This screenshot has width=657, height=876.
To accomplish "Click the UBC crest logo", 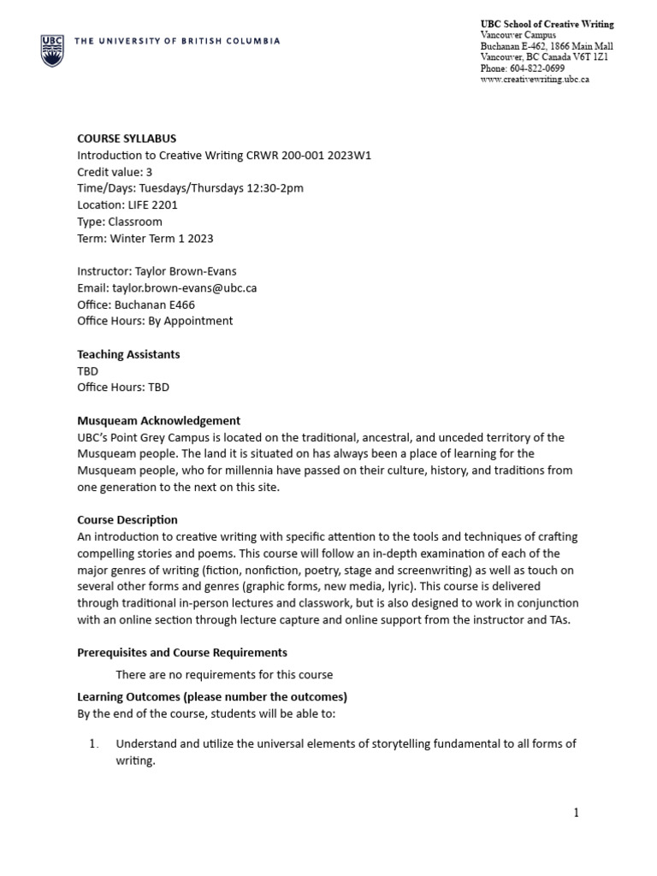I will coord(51,50).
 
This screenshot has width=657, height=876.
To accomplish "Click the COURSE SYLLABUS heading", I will coord(127,139).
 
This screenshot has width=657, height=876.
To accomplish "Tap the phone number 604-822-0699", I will coord(536,68).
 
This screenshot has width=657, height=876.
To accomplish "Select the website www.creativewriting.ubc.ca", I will coord(535,79).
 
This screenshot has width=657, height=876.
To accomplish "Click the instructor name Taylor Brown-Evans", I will coord(188,271).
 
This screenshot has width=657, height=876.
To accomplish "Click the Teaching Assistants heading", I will coord(128,354).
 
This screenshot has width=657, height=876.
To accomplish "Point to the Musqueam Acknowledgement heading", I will coord(159,420).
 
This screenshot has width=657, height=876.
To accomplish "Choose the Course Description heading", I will coord(127,519).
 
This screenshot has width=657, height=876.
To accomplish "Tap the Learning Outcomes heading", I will coord(212,696).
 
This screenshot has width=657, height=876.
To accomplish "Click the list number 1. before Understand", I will coord(95,743).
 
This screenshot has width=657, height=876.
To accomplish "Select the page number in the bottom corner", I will coord(577,813).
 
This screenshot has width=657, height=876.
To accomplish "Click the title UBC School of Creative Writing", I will coord(547,23).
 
